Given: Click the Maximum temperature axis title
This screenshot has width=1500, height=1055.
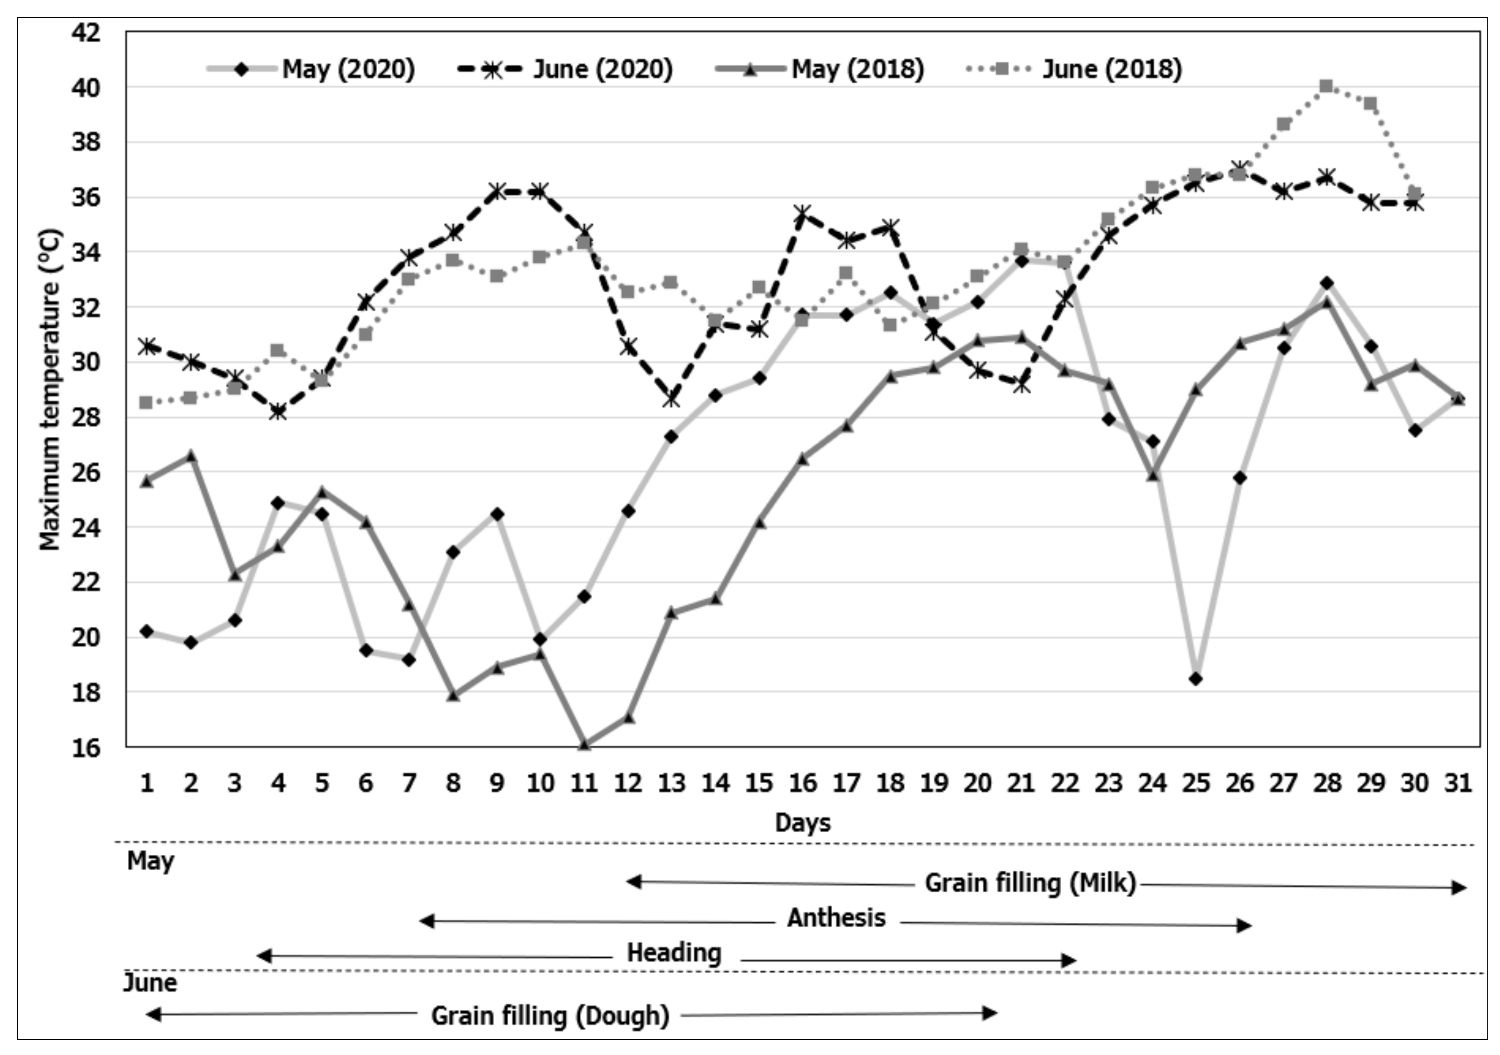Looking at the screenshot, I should coord(50,390).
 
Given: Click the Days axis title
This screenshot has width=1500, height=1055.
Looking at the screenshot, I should coord(802,822).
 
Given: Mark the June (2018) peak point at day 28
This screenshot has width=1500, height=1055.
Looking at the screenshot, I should coord(1326,86).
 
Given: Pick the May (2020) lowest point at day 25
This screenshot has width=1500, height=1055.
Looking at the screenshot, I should coord(1196,679).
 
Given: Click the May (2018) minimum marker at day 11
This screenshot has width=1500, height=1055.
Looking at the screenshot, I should coord(584,744).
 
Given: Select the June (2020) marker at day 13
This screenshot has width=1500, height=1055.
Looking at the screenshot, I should coord(671,399).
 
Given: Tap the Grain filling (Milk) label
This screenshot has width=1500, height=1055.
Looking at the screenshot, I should coord(1030,883).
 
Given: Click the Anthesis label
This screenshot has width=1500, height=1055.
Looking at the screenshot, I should coord(836,918).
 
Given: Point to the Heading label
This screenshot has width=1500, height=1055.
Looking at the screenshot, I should coord(674,953).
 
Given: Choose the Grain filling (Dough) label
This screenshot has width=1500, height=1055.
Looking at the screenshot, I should coord(550,1016).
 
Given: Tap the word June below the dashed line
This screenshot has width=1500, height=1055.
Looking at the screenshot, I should coord(150,983).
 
